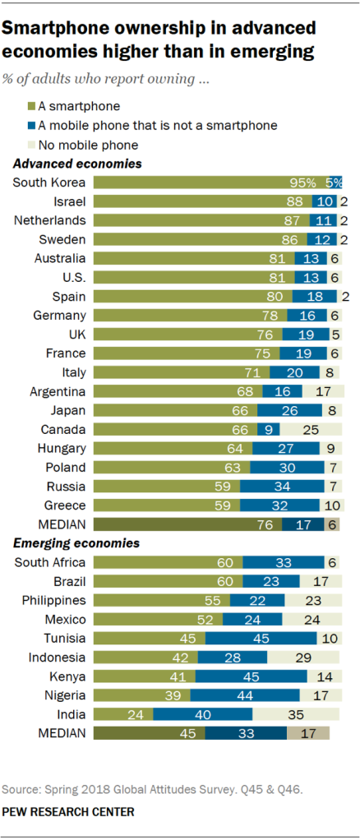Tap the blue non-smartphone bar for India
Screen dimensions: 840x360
point(203,713)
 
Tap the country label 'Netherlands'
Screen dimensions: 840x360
point(57,220)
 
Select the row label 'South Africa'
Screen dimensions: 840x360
point(51,562)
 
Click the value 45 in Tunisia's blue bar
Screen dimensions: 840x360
point(261,638)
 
